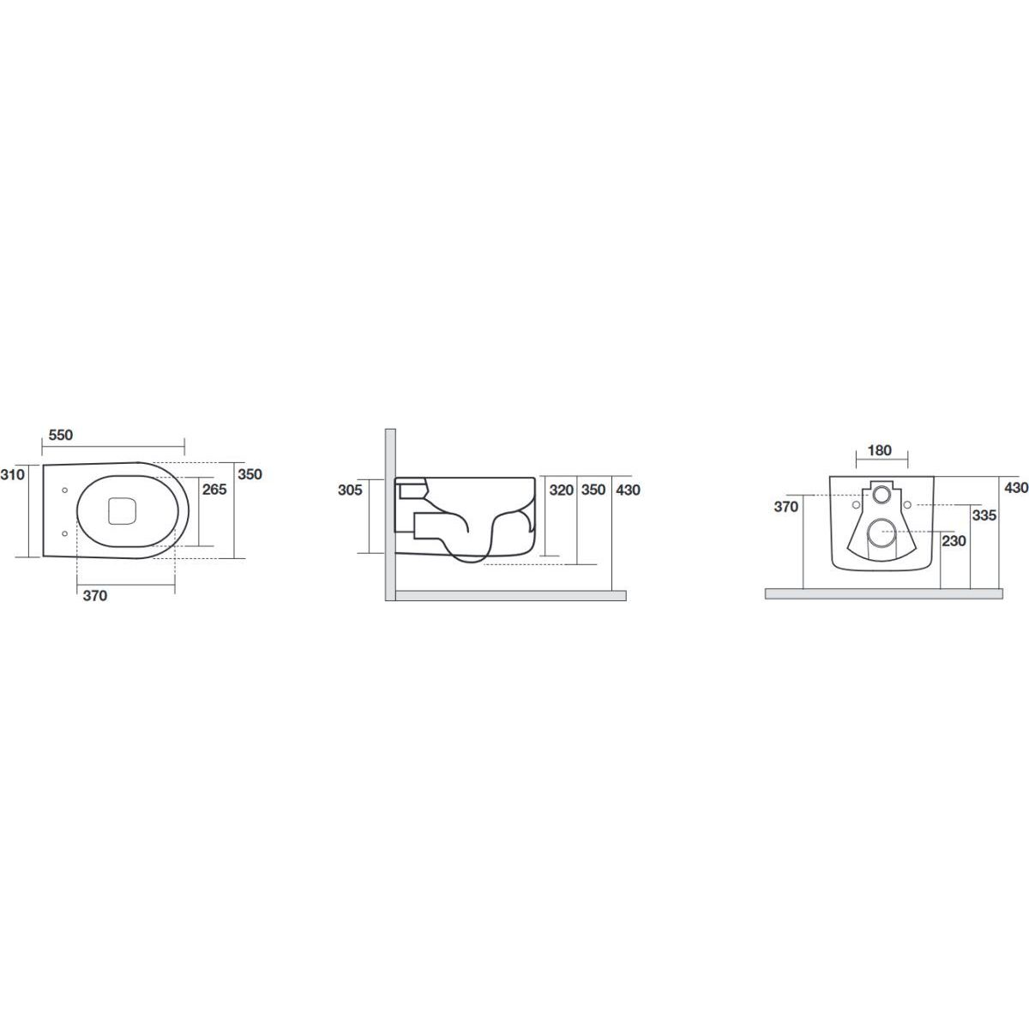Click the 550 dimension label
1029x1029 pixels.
(60, 436)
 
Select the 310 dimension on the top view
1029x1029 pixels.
(12, 474)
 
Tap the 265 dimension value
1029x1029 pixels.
(214, 489)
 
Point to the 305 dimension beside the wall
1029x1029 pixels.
(350, 490)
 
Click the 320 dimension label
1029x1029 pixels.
(561, 490)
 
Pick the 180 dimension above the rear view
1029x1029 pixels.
(880, 451)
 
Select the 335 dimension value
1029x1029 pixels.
(984, 515)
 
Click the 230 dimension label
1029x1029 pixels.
(954, 541)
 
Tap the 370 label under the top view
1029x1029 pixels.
(95, 596)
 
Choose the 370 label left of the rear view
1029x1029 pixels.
(786, 507)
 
